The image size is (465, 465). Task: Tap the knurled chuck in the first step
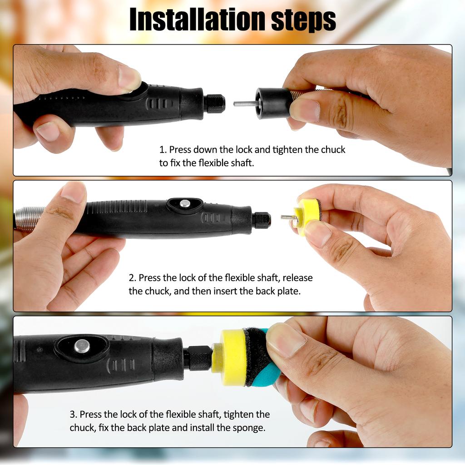[215, 104]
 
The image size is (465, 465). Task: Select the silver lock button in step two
[185, 204]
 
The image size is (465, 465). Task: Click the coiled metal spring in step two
[30, 219]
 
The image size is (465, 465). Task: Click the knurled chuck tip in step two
[262, 220]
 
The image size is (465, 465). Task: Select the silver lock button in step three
[82, 346]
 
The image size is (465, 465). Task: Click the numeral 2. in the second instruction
[132, 277]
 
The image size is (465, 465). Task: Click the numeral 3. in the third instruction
[73, 414]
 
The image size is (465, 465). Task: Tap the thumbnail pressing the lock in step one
[129, 77]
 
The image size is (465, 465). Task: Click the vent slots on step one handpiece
[157, 104]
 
